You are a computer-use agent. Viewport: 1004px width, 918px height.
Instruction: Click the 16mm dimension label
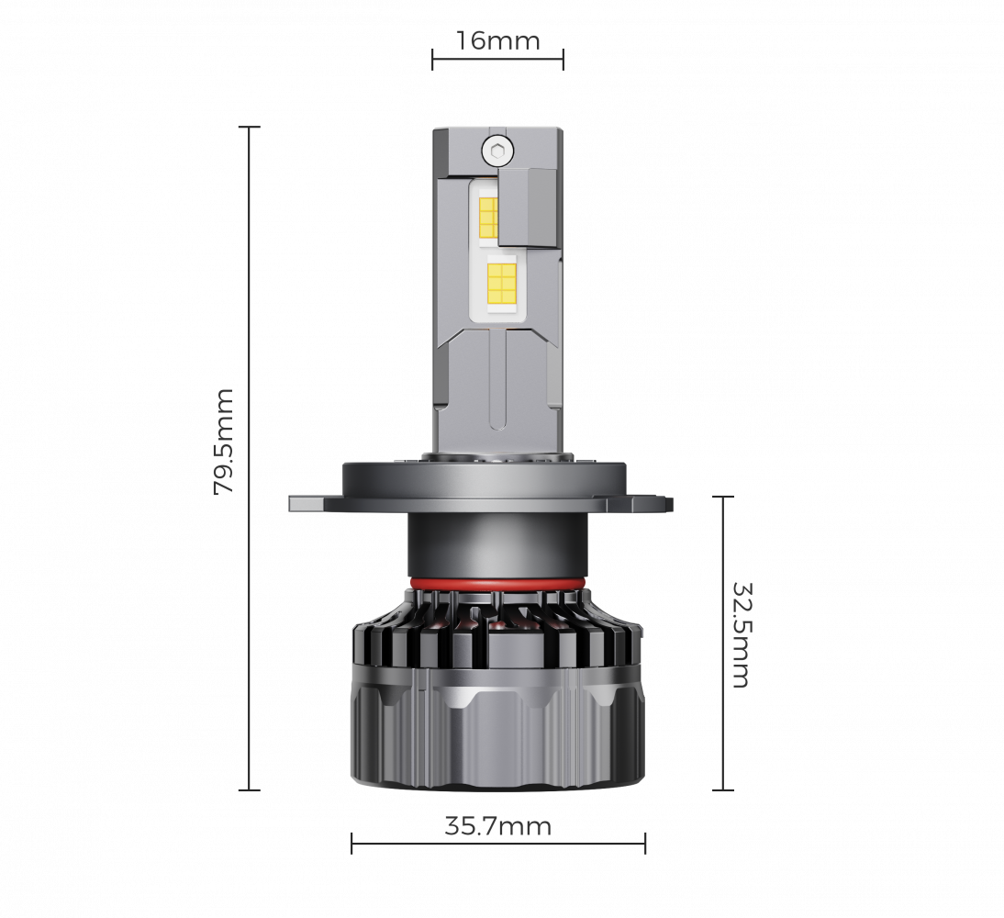[x=497, y=41]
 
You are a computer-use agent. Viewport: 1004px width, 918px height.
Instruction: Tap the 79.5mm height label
[x=224, y=442]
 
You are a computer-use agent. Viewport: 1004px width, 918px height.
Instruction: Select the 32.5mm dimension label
[x=741, y=633]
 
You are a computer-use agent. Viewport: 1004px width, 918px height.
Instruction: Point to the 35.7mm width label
[x=497, y=826]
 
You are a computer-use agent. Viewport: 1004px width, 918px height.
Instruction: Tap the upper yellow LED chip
[x=487, y=217]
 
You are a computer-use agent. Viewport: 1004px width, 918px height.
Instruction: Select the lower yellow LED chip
[x=502, y=283]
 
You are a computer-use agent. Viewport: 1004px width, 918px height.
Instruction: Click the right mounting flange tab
[x=657, y=503]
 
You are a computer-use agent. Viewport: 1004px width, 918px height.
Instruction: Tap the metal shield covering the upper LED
[x=529, y=207]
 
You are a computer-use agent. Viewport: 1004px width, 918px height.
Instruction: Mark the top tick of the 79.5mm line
[x=249, y=128]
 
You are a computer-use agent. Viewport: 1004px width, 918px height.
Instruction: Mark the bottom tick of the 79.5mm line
[x=249, y=789]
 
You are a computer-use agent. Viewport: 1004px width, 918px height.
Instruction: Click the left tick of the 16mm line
[x=433, y=60]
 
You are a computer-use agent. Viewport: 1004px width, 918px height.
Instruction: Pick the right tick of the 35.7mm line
[x=645, y=843]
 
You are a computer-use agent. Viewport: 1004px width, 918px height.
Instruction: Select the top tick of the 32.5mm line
[x=723, y=497]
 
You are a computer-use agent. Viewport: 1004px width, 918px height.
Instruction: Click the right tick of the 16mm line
[x=563, y=60]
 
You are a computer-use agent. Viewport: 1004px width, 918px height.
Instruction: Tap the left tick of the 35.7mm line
[x=352, y=843]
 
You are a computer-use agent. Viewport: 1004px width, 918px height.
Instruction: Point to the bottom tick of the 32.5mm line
[x=723, y=789]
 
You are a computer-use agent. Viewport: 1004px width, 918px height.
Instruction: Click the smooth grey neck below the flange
[x=496, y=546]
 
